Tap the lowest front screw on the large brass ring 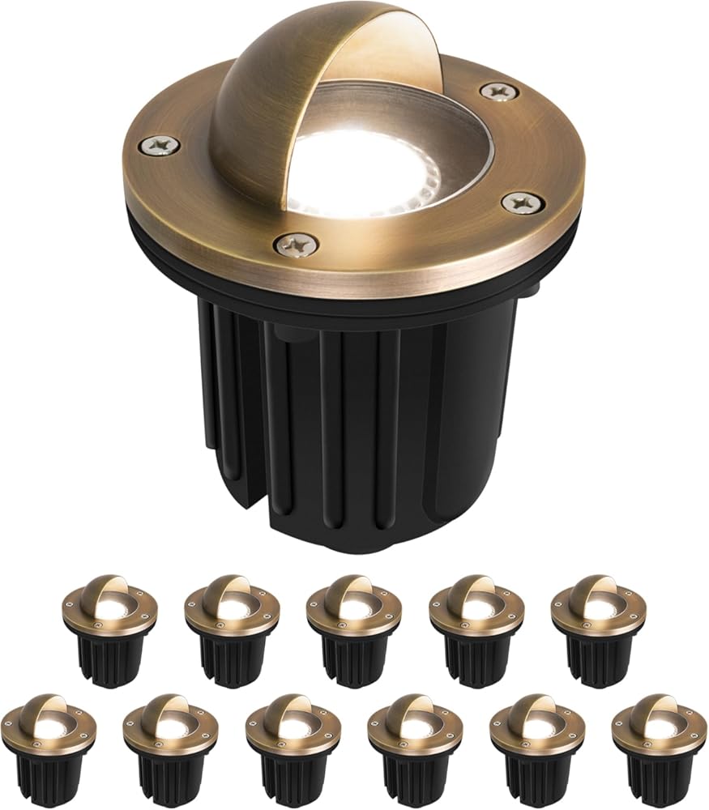click(296, 241)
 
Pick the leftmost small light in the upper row click(109, 628)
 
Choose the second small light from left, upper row click(232, 628)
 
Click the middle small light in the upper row click(354, 628)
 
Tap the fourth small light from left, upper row click(476, 628)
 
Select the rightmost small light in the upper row click(599, 628)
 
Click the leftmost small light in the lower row click(48, 745)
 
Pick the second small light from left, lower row click(170, 745)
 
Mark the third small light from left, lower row click(293, 745)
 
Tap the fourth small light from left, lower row click(415, 745)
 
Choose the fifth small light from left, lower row click(537, 745)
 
